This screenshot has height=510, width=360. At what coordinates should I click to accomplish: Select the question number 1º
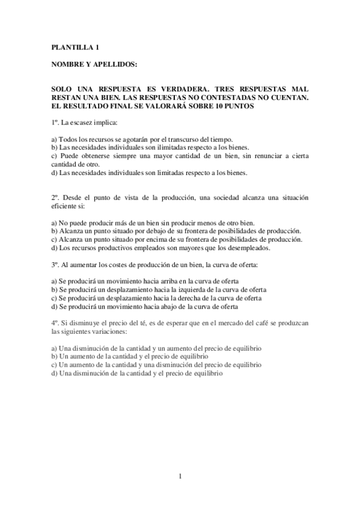point(55,123)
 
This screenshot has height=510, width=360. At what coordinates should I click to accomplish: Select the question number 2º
point(55,197)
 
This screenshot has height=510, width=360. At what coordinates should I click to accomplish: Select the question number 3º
point(55,263)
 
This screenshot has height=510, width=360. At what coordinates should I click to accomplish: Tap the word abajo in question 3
point(169,306)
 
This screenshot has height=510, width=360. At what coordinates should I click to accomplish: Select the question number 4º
point(55,322)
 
